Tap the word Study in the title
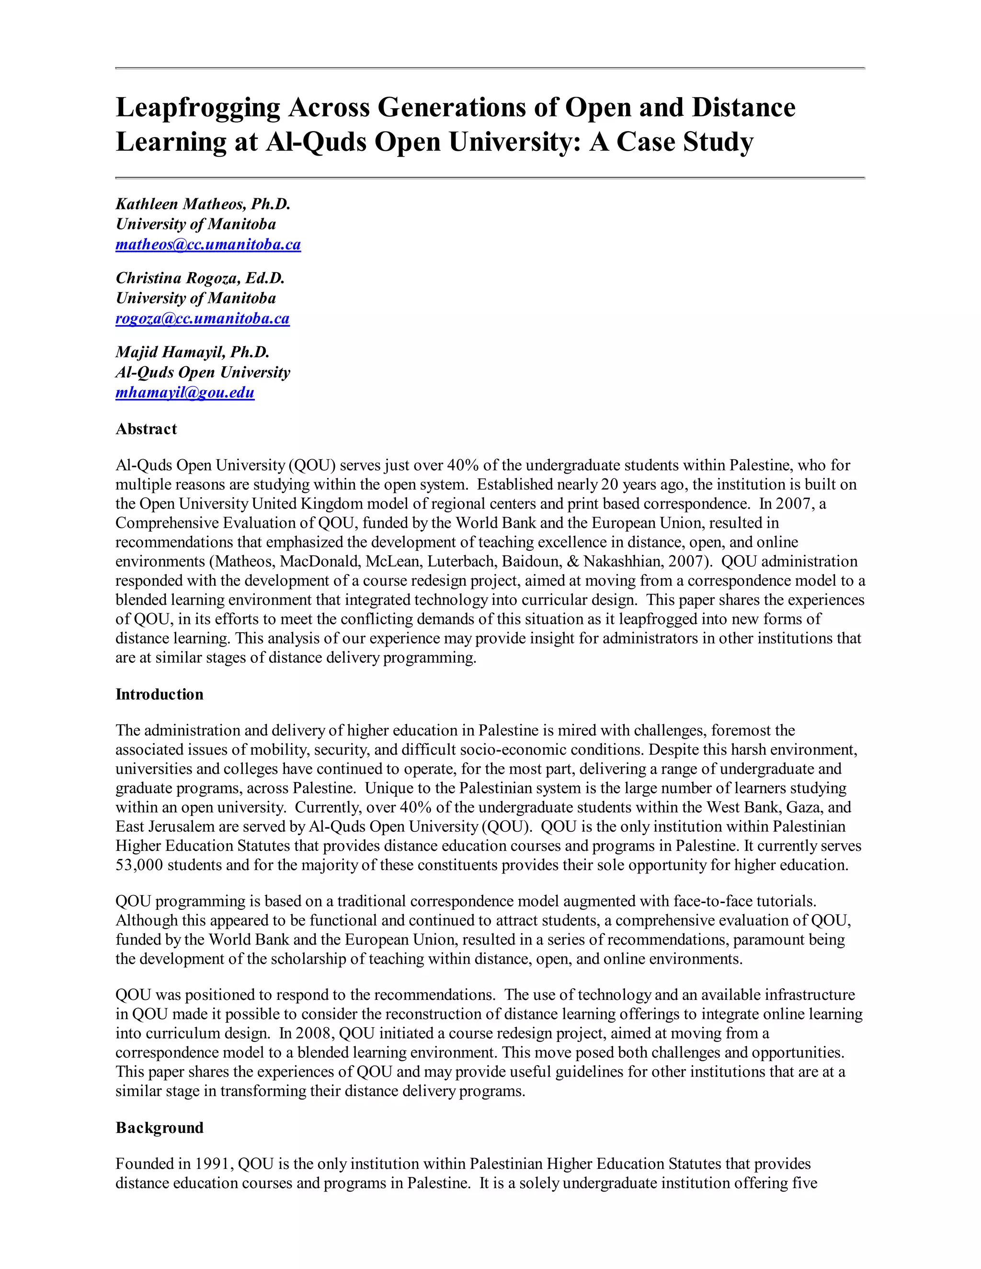tap(718, 142)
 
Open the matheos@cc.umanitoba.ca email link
tap(208, 245)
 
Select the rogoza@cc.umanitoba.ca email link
tap(202, 318)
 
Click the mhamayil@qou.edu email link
tap(185, 393)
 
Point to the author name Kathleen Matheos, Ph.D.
tap(203, 204)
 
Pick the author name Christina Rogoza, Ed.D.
tap(200, 278)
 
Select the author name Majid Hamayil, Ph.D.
tap(193, 352)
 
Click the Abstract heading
tap(146, 429)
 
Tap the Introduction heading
tap(159, 694)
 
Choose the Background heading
tap(159, 1128)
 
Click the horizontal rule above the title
tap(490, 68)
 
